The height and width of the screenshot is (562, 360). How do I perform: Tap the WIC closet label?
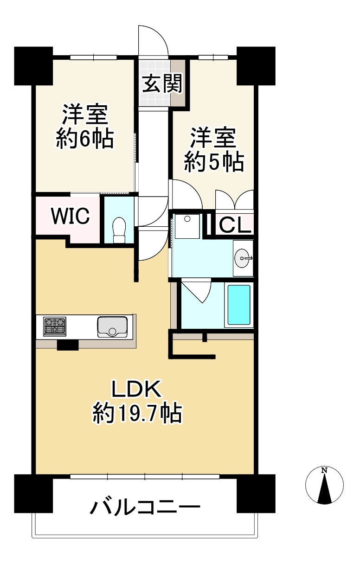pyautogui.click(x=70, y=217)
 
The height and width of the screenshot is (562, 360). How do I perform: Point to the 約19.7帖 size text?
pyautogui.click(x=137, y=413)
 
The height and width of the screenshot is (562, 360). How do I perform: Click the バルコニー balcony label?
pyautogui.click(x=145, y=508)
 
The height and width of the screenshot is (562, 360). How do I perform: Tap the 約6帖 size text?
pyautogui.click(x=85, y=138)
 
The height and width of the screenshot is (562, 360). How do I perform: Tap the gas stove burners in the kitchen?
pyautogui.click(x=55, y=326)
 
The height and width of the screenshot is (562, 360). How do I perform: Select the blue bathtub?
pyautogui.click(x=239, y=305)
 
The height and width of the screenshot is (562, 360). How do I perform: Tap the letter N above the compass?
pyautogui.click(x=324, y=471)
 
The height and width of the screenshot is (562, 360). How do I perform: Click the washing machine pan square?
pyautogui.click(x=187, y=226)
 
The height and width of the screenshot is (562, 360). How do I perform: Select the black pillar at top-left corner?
pyautogui.click(x=33, y=65)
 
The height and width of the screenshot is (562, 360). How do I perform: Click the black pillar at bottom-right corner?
pyautogui.click(x=256, y=492)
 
